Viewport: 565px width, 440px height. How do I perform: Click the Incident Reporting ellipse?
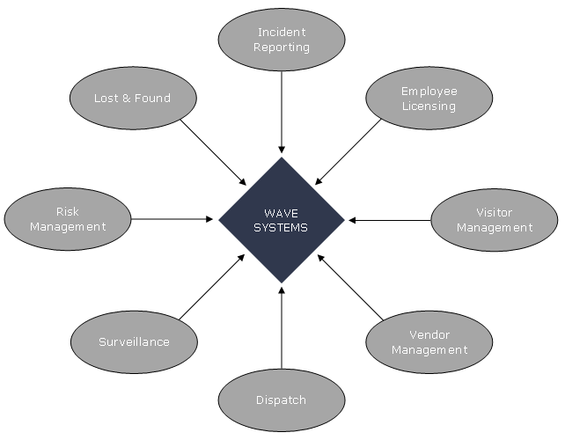[282, 40]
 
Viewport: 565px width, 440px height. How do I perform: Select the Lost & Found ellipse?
[132, 98]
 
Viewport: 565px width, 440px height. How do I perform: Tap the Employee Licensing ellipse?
[429, 99]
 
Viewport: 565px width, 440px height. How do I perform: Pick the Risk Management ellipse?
[68, 219]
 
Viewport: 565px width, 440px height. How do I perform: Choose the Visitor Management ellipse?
[494, 220]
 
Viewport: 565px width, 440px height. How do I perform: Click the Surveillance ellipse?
[134, 341]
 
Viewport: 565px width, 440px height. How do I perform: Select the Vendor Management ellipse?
[429, 341]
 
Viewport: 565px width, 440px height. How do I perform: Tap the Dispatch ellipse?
[282, 400]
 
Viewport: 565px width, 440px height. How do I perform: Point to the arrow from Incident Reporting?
[282, 110]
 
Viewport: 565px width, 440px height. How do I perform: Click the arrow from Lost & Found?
[214, 151]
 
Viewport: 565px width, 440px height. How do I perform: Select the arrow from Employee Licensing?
[349, 150]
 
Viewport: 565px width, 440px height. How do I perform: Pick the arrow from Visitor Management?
[389, 220]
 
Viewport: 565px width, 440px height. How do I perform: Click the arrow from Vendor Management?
[350, 288]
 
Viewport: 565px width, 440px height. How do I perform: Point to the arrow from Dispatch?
[282, 326]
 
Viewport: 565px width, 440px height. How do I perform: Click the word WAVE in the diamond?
[282, 212]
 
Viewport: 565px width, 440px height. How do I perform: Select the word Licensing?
[429, 106]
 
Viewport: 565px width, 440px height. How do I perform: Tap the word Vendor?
[429, 334]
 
